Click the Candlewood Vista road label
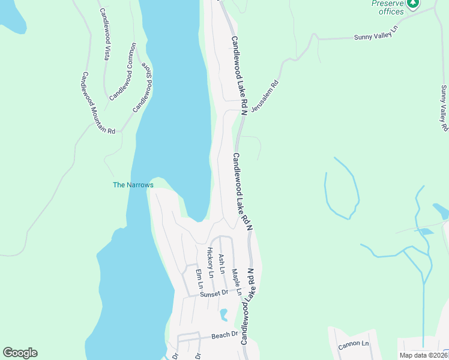coord(105,34)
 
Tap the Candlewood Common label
coord(123,71)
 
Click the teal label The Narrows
coord(133,185)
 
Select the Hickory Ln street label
coord(210,262)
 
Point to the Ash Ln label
coord(221,263)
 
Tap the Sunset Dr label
coord(215,293)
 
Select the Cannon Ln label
coord(354,344)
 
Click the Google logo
coord(20,353)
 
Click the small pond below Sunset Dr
coord(224,314)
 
